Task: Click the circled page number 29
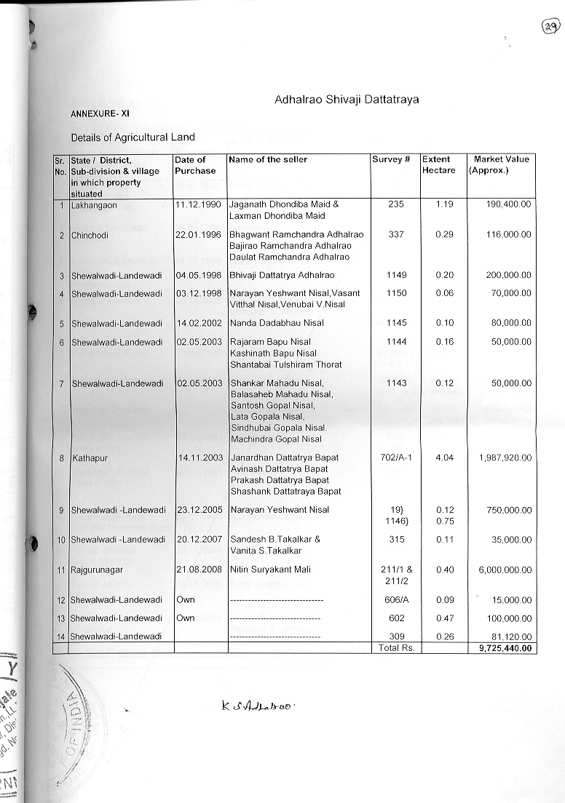click(x=550, y=27)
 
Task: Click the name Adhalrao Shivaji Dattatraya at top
click(x=347, y=99)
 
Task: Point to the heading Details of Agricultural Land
click(x=133, y=137)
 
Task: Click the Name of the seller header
click(x=269, y=159)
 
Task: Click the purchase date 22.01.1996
click(x=198, y=235)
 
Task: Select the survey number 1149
click(x=397, y=275)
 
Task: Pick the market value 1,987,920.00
click(x=505, y=458)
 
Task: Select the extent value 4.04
click(x=444, y=458)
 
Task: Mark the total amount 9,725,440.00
click(x=505, y=648)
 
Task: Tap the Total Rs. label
click(x=395, y=647)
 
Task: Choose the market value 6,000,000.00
click(x=505, y=570)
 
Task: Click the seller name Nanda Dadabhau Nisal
click(x=277, y=323)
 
